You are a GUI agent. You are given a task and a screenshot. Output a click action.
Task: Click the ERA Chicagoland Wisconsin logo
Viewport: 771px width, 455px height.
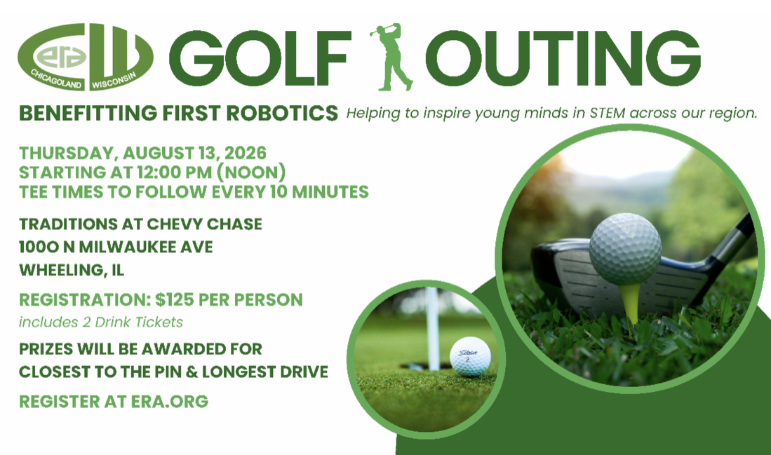[86, 57]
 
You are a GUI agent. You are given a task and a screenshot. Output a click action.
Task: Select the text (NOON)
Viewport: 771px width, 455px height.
[251, 172]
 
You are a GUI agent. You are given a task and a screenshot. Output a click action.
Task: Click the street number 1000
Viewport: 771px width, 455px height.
[39, 247]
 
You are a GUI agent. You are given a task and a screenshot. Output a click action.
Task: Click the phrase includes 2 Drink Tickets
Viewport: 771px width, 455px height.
[101, 322]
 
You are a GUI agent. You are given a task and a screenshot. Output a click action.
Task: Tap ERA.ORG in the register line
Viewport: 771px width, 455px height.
[170, 402]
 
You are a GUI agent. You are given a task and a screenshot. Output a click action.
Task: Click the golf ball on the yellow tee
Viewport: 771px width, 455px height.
[626, 249]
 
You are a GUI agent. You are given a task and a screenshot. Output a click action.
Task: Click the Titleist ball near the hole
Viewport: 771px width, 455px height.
[470, 357]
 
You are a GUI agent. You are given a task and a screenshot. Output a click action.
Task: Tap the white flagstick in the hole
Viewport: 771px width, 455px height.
[433, 328]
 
